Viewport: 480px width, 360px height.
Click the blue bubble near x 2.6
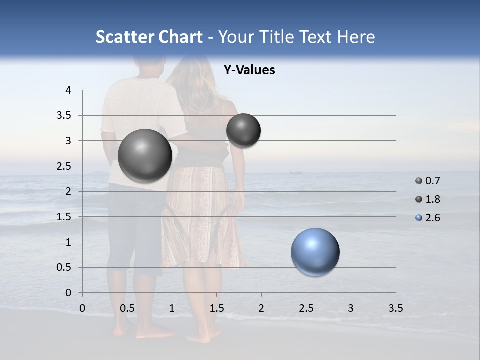pos(315,252)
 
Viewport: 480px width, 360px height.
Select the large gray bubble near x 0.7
pos(145,156)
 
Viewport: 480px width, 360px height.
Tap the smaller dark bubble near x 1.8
pos(243,130)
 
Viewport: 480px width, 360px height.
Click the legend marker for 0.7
pos(419,181)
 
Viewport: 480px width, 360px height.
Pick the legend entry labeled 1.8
pos(432,199)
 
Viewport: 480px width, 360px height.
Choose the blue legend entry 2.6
pos(432,218)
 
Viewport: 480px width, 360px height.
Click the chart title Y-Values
pos(249,70)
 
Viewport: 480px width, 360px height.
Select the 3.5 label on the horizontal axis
pos(395,308)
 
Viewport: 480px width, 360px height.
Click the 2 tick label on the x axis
pos(261,308)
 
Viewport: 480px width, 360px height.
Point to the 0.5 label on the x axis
pos(127,308)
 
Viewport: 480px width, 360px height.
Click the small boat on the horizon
pos(295,172)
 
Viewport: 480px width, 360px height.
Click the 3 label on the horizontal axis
pos(351,308)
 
